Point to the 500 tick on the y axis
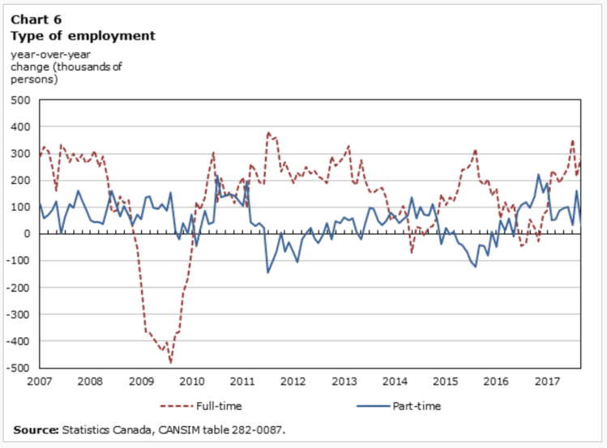click(19, 100)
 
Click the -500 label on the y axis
click(18, 368)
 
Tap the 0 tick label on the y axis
click(26, 234)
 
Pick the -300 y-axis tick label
click(18, 314)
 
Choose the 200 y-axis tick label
click(19, 181)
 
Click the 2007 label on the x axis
click(38, 380)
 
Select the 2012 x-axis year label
click(293, 380)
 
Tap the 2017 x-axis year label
click(548, 380)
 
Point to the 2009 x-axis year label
click(140, 380)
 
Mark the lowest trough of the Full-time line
click(171, 362)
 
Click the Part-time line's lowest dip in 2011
click(267, 272)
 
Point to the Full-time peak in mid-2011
click(268, 133)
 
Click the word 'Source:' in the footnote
click(36, 429)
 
